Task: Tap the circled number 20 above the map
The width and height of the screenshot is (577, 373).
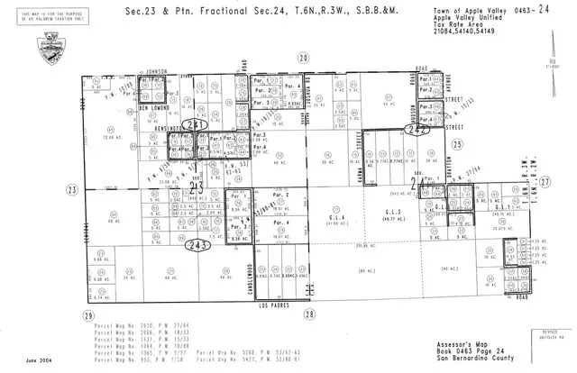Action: click(304, 57)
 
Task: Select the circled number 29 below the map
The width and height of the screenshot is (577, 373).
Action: click(87, 314)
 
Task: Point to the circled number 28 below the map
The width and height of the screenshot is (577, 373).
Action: click(309, 314)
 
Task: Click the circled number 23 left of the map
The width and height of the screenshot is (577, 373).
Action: click(70, 188)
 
